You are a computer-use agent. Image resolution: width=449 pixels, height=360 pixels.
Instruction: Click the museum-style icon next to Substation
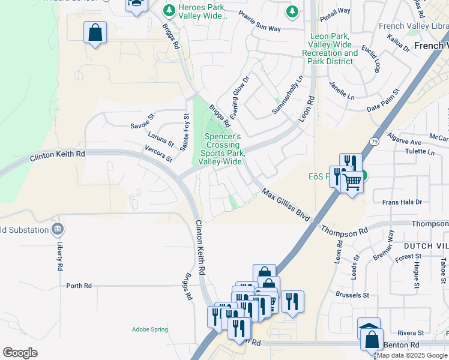[58, 229]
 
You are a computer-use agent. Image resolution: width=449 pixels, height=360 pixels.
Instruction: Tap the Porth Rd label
[79, 286]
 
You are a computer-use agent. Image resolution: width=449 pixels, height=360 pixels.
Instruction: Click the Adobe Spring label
[150, 329]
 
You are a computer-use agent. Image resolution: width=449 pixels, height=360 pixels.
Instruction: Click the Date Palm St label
[382, 101]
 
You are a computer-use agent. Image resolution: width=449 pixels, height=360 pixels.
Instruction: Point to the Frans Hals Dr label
[402, 202]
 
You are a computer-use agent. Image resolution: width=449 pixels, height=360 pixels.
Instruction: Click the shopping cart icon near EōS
[352, 181]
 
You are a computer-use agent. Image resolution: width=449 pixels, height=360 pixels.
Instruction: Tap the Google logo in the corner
[20, 352]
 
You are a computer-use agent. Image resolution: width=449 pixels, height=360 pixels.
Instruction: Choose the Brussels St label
[353, 295]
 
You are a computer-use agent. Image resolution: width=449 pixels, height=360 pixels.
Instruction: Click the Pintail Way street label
[336, 11]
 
